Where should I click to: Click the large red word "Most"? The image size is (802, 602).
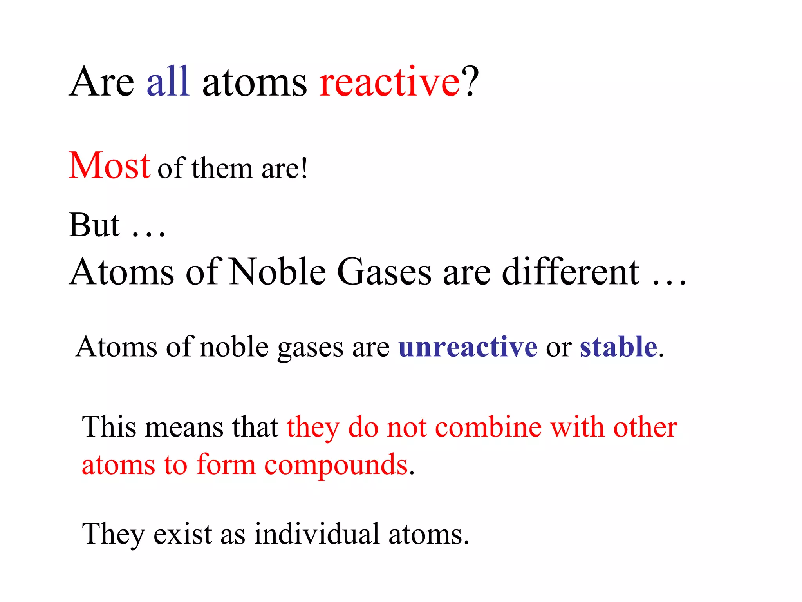(x=109, y=165)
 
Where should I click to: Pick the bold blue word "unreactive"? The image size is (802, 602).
(x=468, y=347)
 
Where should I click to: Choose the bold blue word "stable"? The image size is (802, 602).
(x=618, y=347)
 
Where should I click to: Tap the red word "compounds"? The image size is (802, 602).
(x=336, y=466)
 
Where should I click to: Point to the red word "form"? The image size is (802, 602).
(x=226, y=465)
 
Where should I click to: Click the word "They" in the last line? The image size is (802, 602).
(x=113, y=534)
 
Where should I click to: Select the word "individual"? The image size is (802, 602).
(x=317, y=534)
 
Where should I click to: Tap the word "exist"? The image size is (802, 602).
(x=183, y=534)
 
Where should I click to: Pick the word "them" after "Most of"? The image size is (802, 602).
(x=222, y=169)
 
